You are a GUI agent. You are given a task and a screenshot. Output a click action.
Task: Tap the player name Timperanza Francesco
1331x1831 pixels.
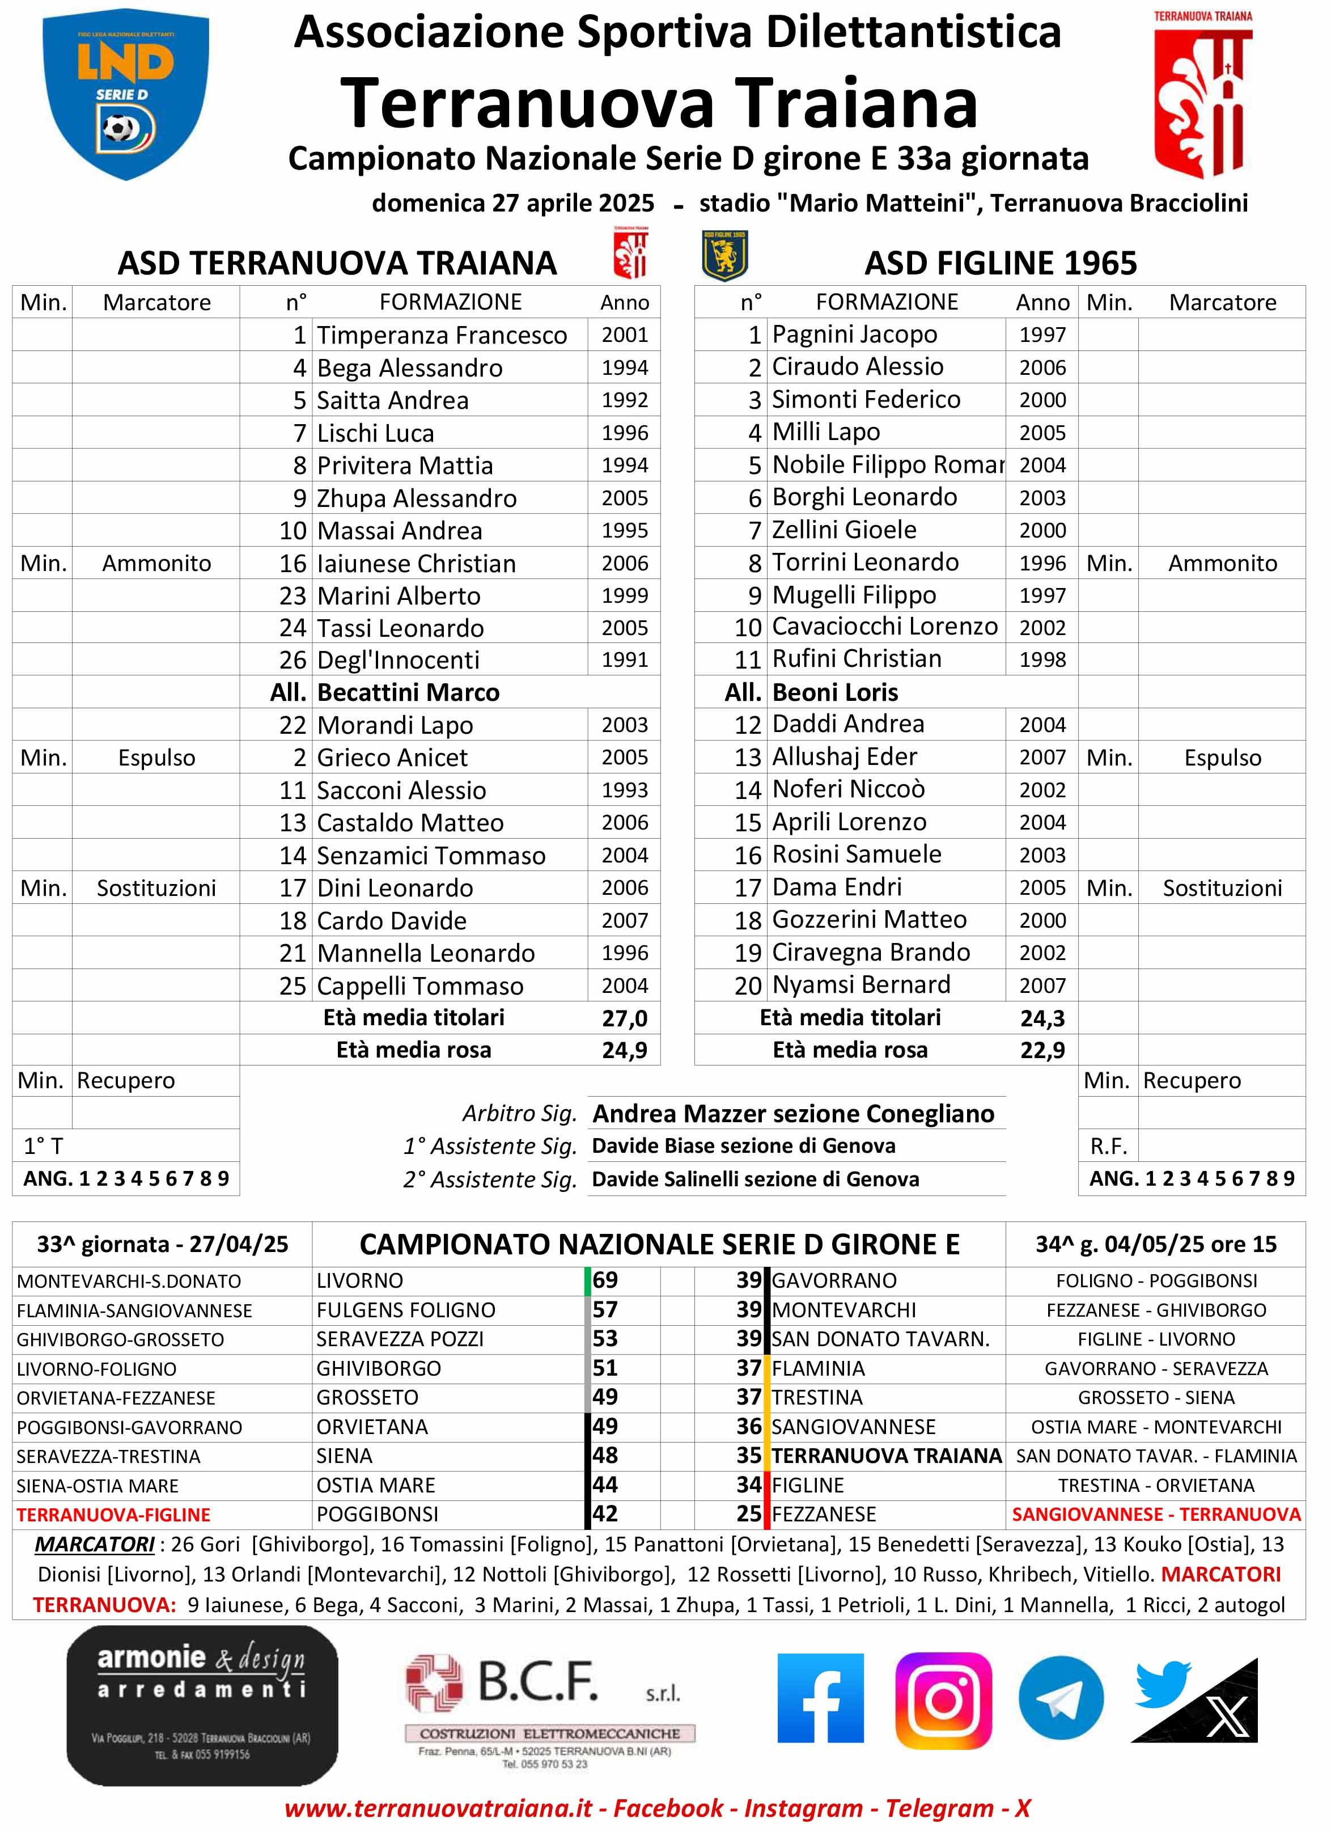[442, 335]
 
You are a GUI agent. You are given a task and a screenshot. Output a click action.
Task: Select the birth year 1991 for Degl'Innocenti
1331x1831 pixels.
[624, 659]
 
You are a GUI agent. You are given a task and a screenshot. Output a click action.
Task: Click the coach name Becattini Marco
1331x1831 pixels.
[408, 693]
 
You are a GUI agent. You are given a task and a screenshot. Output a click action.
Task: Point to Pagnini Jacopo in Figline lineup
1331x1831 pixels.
[854, 334]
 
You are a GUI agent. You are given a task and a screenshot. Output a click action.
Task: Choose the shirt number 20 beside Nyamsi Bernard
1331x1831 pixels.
[748, 986]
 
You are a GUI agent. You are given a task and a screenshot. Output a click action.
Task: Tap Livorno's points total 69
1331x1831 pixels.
[605, 1280]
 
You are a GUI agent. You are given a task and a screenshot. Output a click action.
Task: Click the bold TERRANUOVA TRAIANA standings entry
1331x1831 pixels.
[886, 1456]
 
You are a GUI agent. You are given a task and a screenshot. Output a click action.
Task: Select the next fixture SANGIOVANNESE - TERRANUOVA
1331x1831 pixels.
[1156, 1515]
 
